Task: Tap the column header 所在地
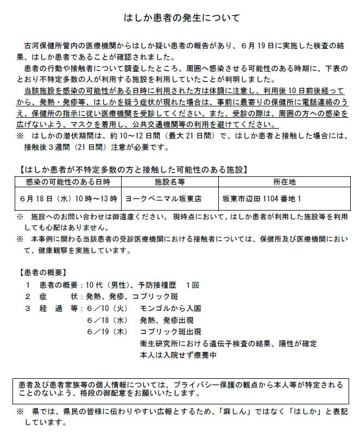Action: pyautogui.click(x=284, y=182)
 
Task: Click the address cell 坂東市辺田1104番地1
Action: pyautogui.click(x=262, y=199)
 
